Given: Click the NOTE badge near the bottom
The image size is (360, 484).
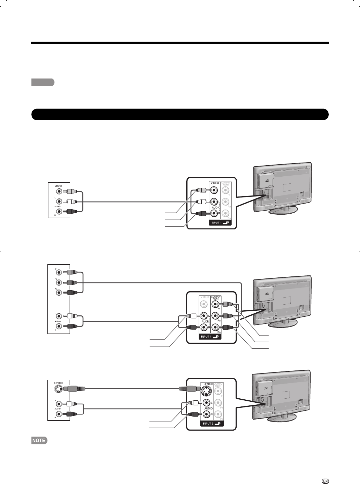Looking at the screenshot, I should tap(39, 440).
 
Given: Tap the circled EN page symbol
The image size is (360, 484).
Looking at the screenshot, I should tap(325, 472).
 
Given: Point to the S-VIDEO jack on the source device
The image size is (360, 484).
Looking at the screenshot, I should tap(58, 389).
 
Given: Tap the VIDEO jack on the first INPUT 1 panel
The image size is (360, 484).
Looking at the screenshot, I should tap(213, 190).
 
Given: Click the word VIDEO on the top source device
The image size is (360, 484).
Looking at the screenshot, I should tap(58, 186).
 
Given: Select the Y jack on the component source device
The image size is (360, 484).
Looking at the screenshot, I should tap(59, 272).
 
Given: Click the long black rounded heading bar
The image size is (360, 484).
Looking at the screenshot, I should tap(180, 114).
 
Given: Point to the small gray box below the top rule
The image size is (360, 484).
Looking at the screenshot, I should tap(43, 82).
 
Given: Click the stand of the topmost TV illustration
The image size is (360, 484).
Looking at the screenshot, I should tap(283, 210).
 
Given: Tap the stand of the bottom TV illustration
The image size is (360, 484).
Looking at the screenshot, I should tap(283, 417).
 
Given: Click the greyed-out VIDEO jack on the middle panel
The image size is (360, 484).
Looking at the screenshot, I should tap(204, 304).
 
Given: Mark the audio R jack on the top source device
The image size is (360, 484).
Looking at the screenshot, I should tap(59, 211).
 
